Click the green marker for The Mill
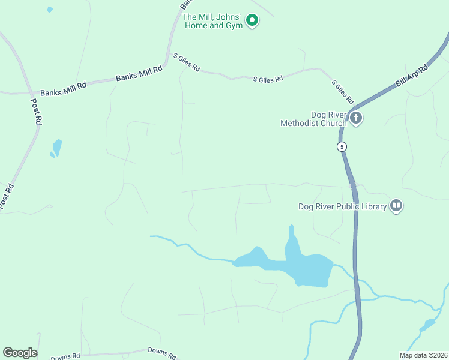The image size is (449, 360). pyautogui.click(x=253, y=21)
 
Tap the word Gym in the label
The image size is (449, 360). pyautogui.click(x=234, y=26)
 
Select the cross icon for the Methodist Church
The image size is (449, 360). pyautogui.click(x=356, y=118)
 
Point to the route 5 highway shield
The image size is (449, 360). pyautogui.click(x=342, y=146)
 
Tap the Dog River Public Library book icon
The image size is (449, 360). pyautogui.click(x=396, y=206)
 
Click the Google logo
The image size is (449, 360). pyautogui.click(x=20, y=353)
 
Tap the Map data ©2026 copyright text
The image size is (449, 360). pyautogui.click(x=423, y=355)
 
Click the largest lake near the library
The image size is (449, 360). pyautogui.click(x=309, y=267)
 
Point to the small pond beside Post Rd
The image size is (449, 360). pyautogui.click(x=56, y=148)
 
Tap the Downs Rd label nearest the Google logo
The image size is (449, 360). pyautogui.click(x=65, y=357)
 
